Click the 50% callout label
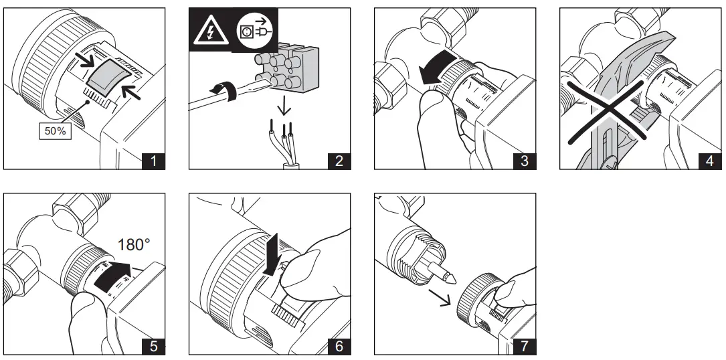tap(55, 131)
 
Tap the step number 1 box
tap(153, 161)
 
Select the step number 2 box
tap(339, 161)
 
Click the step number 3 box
tap(524, 161)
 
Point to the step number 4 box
tap(710, 161)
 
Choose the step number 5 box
tap(153, 346)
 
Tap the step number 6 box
tap(339, 346)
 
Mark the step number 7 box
tap(524, 346)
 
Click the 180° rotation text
tap(134, 244)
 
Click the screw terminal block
tap(287, 68)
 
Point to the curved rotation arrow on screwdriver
tap(224, 91)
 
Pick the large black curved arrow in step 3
tap(438, 68)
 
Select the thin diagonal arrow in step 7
tap(439, 298)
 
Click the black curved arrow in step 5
tap(111, 275)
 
